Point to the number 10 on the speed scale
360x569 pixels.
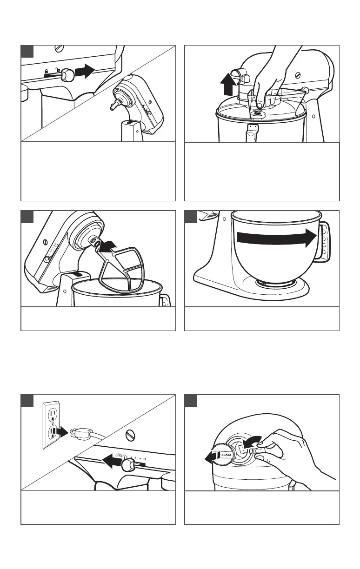coord(146,459)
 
